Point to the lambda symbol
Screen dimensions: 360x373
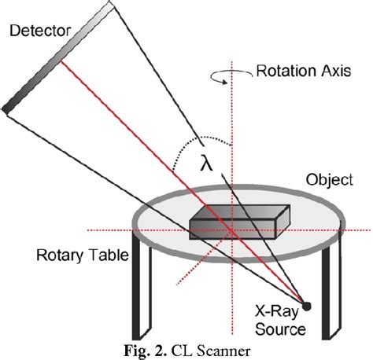pos(206,163)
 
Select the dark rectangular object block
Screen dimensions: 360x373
pos(230,221)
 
